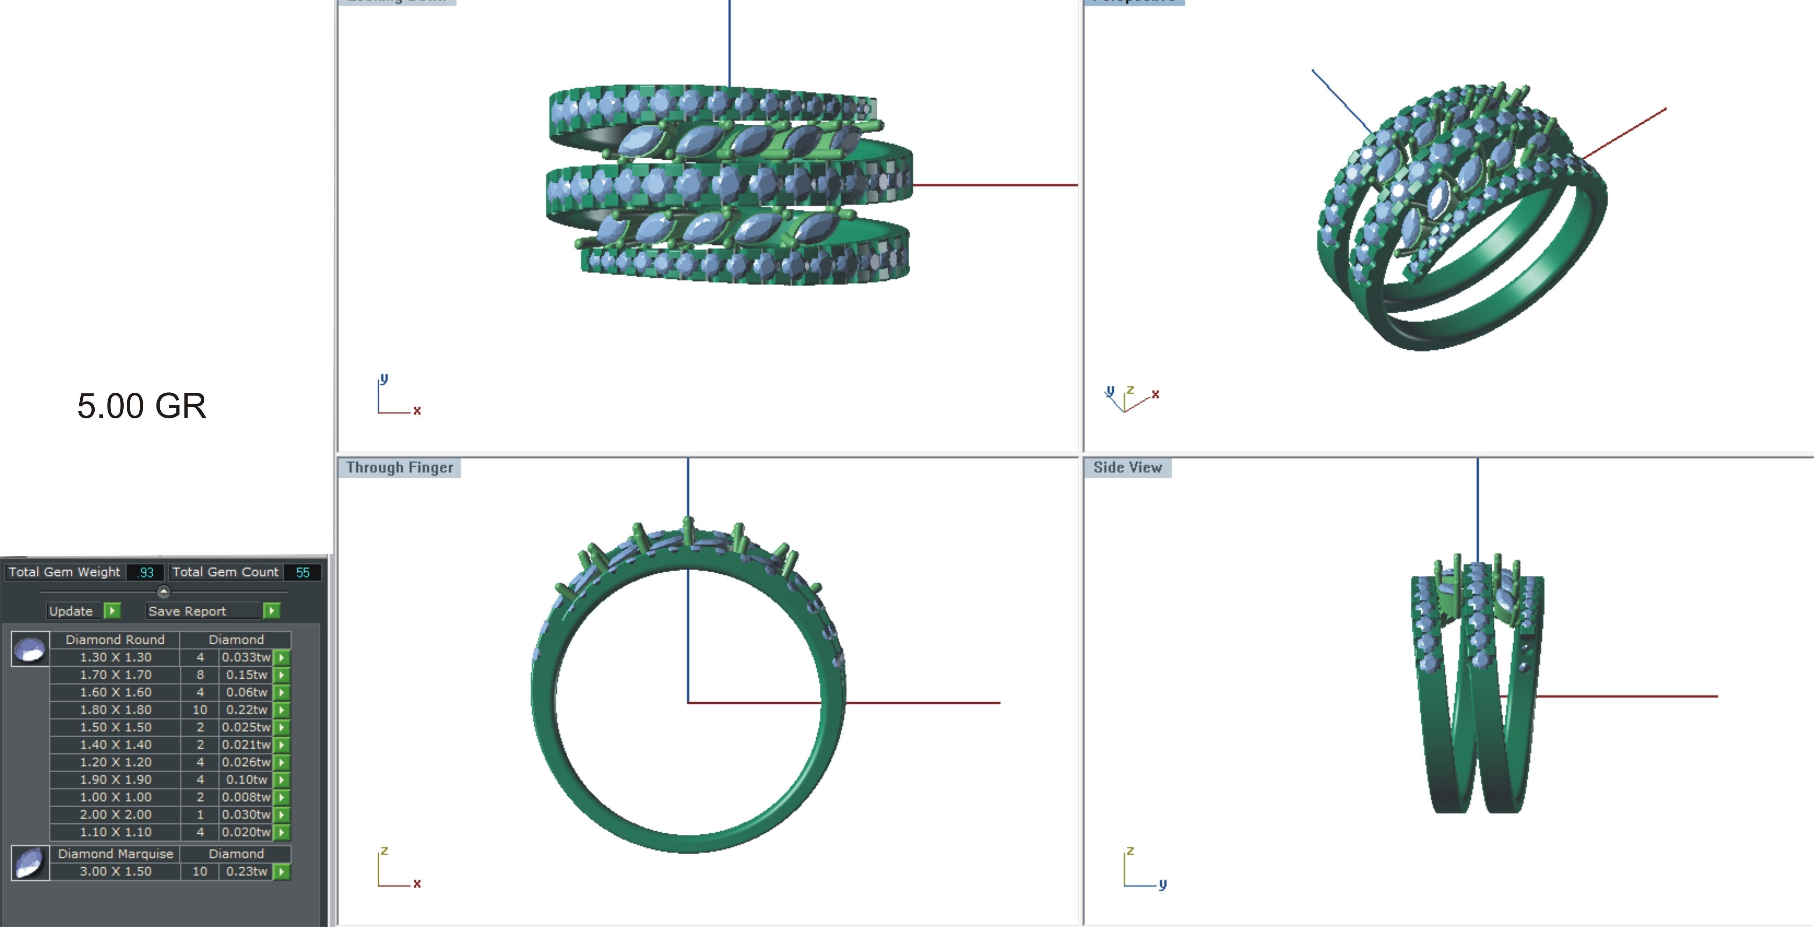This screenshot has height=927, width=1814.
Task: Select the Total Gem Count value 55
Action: (303, 572)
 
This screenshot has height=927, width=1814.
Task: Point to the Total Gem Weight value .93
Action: (146, 572)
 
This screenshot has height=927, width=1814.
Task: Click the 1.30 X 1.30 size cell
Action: (116, 657)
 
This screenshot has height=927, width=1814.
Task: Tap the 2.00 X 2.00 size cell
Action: (116, 814)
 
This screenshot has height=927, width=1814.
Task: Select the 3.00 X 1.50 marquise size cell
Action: (116, 871)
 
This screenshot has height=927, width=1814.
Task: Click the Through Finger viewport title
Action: (399, 468)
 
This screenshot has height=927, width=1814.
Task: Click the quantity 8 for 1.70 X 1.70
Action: (200, 675)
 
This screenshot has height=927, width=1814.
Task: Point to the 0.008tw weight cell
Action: (246, 797)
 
